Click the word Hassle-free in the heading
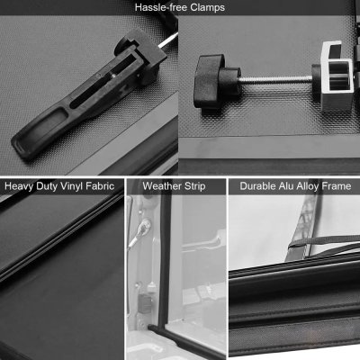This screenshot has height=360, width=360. point(159,7)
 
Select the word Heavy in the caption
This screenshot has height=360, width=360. point(20,187)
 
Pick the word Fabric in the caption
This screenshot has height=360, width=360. point(103,187)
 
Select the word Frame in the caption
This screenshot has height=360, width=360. point(339,187)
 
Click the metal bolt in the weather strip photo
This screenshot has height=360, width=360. point(148,232)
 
